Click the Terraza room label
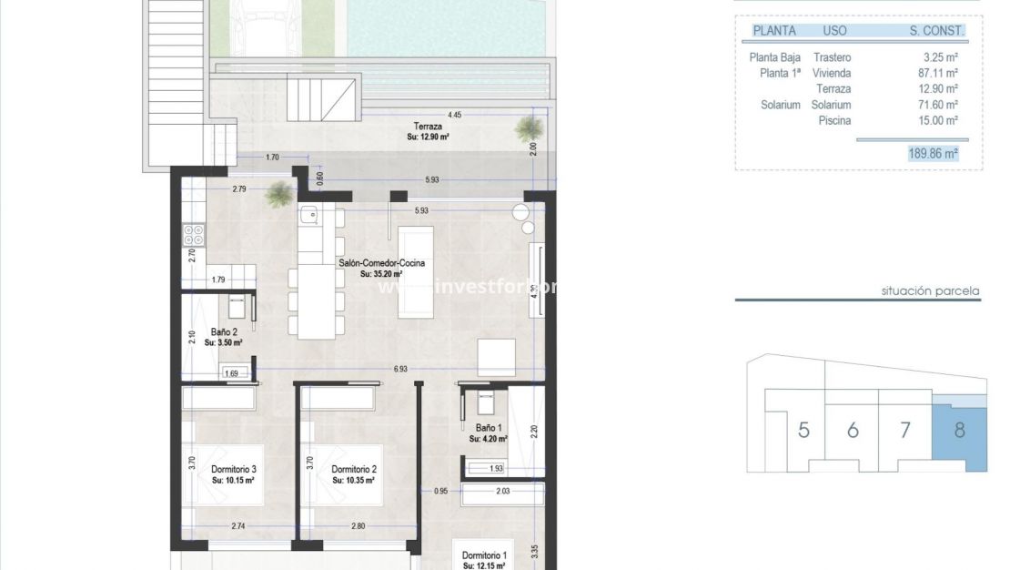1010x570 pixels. (x=427, y=127)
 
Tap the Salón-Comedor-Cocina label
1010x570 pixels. (x=382, y=263)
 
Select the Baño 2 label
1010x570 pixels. (x=223, y=332)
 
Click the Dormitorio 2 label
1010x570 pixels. (x=354, y=469)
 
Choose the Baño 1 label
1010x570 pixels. (x=489, y=427)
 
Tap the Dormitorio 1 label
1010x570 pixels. (x=485, y=555)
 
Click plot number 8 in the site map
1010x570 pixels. (x=960, y=431)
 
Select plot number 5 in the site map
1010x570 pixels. (x=803, y=431)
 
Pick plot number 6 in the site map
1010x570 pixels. (x=853, y=431)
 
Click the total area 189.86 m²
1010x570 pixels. (x=933, y=155)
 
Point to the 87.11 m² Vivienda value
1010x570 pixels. (x=939, y=73)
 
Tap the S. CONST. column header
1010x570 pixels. (x=936, y=30)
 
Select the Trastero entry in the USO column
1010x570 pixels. (x=833, y=57)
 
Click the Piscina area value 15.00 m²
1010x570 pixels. (x=939, y=120)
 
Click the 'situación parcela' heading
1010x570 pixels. (x=930, y=291)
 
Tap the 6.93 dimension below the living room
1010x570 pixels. (x=400, y=370)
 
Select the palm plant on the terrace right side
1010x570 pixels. (x=528, y=128)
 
